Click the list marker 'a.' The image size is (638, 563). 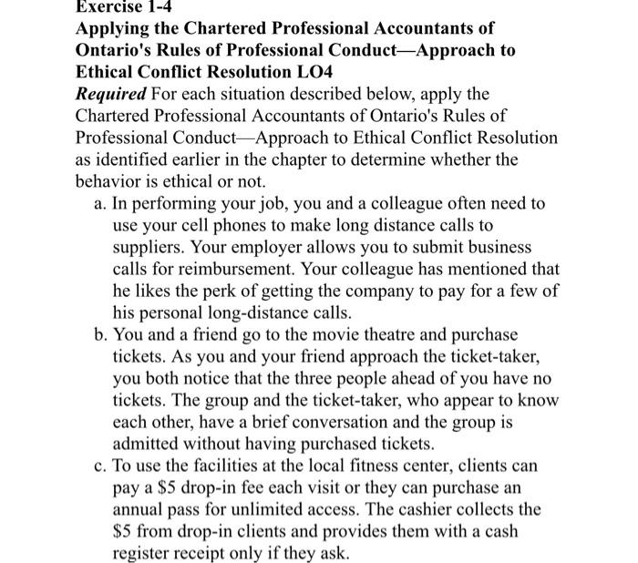[101, 203]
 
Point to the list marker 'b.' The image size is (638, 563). [101, 333]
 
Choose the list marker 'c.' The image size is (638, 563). [101, 466]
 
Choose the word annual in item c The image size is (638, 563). [140, 509]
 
